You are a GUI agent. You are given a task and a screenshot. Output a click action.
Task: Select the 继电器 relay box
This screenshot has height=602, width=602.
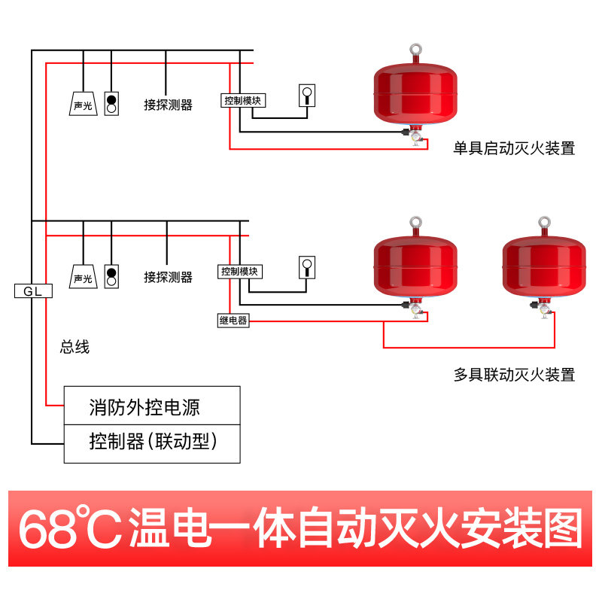click(x=233, y=321)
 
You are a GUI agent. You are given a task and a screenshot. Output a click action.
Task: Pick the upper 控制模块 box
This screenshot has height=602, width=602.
click(x=243, y=100)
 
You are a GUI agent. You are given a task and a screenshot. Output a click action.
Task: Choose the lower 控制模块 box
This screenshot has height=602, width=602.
click(x=241, y=271)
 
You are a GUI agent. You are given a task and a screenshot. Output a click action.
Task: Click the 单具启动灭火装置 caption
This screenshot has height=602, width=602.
click(x=514, y=149)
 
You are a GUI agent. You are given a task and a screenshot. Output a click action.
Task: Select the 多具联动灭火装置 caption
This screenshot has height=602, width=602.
click(x=514, y=374)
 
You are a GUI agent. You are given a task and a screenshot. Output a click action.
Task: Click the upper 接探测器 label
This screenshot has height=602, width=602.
click(x=168, y=105)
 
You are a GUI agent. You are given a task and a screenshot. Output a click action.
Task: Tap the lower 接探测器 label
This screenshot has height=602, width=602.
click(x=168, y=278)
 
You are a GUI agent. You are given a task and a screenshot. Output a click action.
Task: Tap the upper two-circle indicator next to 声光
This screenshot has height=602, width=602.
click(x=111, y=104)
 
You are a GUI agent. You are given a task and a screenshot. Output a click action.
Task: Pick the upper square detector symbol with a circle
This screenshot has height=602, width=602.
click(x=308, y=95)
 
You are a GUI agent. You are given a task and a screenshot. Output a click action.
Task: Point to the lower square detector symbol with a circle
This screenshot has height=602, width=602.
click(x=307, y=266)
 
